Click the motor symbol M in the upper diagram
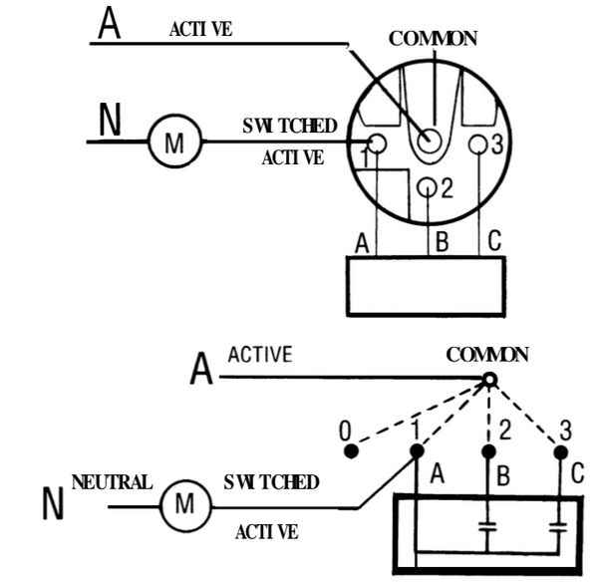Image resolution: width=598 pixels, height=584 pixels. point(174,142)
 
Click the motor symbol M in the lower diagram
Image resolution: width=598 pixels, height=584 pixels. point(185,506)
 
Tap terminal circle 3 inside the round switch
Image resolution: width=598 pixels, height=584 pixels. point(477,145)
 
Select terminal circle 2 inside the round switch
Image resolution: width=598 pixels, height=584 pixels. point(427,187)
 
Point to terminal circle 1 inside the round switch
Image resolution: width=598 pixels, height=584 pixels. point(377,144)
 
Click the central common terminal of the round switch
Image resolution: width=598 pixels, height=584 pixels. point(430,141)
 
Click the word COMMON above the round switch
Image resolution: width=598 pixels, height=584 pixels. point(433,39)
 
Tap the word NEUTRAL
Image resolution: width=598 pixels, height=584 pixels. point(112,482)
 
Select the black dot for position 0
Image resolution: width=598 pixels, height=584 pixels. point(351,451)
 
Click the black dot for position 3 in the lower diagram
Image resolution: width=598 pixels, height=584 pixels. point(560,452)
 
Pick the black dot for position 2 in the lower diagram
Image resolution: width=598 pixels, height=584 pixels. point(488,451)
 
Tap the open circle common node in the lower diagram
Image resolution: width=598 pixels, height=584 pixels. point(490,380)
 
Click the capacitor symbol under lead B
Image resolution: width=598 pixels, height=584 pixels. point(487,527)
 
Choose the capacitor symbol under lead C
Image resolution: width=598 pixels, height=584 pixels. point(558,527)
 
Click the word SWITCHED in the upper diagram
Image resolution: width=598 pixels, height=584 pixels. point(290,126)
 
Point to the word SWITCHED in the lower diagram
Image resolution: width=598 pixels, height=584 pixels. point(271,482)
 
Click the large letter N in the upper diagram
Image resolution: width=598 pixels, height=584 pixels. point(110,120)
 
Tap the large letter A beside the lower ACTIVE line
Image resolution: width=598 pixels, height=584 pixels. point(201,368)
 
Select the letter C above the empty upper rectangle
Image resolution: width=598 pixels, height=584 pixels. point(494,240)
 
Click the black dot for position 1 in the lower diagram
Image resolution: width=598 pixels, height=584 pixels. point(417,450)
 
